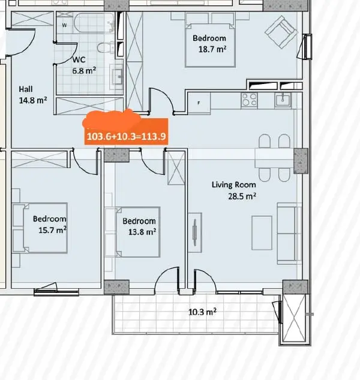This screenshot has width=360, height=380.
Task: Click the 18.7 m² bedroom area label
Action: [x=212, y=49]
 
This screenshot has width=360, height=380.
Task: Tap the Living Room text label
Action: [x=234, y=185]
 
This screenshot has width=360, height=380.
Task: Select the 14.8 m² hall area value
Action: [x=33, y=100]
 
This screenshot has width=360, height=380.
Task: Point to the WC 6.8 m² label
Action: [x=84, y=65]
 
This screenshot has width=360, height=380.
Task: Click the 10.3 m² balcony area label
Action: [x=202, y=312]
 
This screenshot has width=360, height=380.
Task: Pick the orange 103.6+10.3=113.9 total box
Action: [x=126, y=131]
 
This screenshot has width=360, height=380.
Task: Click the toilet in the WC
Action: [x=106, y=47]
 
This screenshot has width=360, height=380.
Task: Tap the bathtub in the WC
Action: [x=94, y=23]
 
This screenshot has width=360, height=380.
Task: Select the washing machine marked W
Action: [x=64, y=25]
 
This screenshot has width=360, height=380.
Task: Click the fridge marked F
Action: [x=199, y=103]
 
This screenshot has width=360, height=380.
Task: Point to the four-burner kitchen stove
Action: [x=249, y=100]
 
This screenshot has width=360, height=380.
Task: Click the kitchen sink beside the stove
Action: [x=283, y=100]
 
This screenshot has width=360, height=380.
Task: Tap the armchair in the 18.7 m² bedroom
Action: [x=281, y=32]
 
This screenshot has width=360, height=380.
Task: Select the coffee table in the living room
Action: [x=262, y=233]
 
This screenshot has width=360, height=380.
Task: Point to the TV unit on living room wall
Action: [x=195, y=233]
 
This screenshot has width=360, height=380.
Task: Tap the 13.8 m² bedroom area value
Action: [x=142, y=232]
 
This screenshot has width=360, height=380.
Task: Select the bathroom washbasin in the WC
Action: [x=117, y=77]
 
